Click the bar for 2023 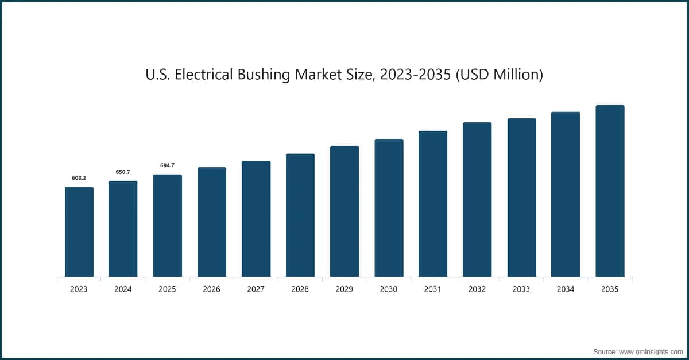coord(79,232)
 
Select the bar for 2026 coord(211,222)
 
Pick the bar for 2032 coord(477,200)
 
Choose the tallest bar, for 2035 coord(610,191)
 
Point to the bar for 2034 coord(566,195)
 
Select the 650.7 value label coord(123,172)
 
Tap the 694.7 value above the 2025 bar coord(167,165)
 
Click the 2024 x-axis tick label coord(123,289)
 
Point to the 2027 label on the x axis coord(256,289)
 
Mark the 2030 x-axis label coord(389,289)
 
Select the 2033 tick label coord(521,289)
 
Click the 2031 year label coord(433,289)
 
